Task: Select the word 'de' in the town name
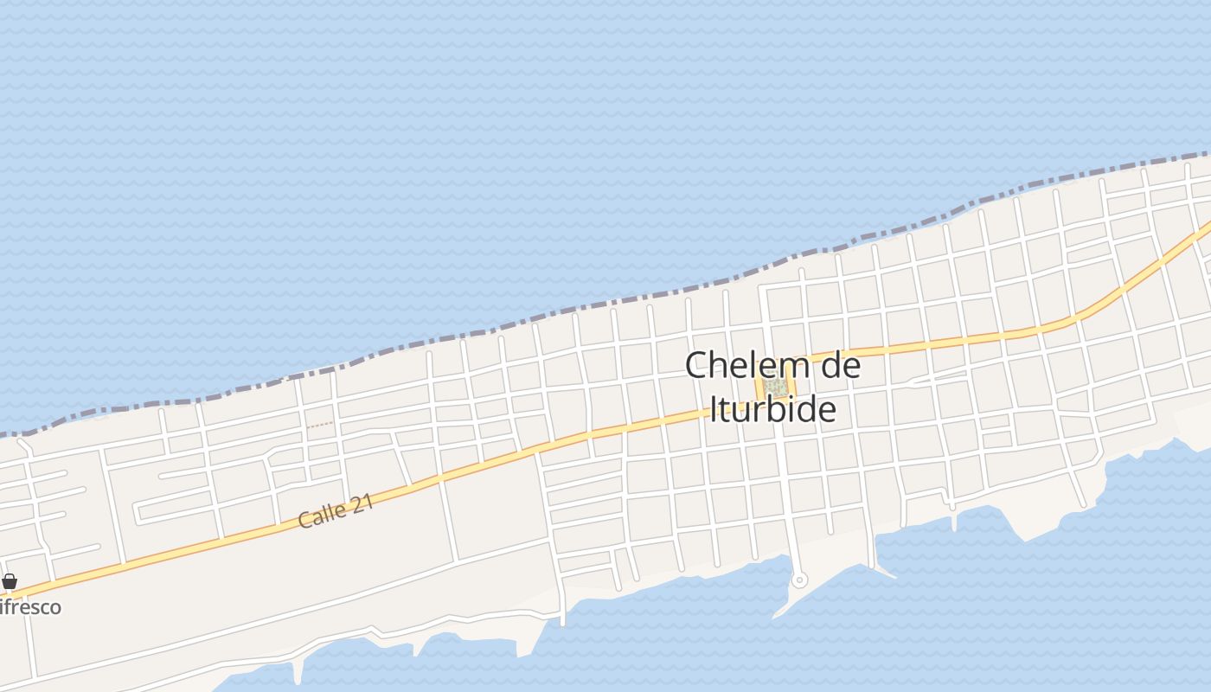pyautogui.click(x=839, y=365)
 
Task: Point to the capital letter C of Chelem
pyautogui.click(x=696, y=365)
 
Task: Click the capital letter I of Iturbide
pyautogui.click(x=714, y=408)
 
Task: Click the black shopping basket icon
pyautogui.click(x=10, y=581)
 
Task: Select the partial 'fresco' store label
pyautogui.click(x=30, y=607)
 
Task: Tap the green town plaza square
pyautogui.click(x=776, y=386)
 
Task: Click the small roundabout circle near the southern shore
pyautogui.click(x=799, y=580)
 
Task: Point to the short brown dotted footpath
pyautogui.click(x=319, y=425)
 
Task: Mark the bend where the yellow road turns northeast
pyautogui.click(x=1073, y=321)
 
